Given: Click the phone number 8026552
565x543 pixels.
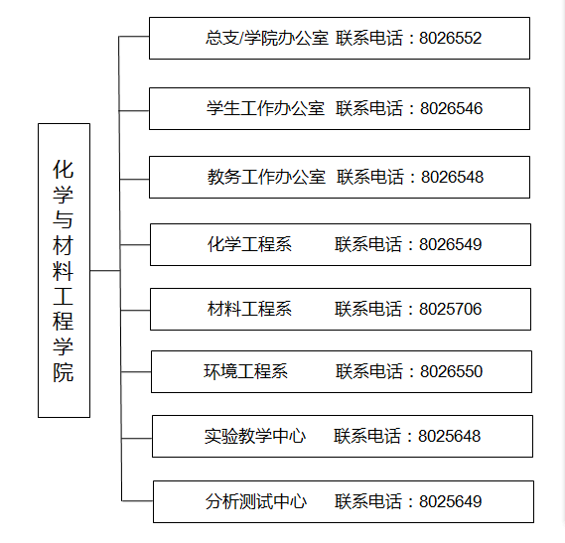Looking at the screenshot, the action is pos(450,38).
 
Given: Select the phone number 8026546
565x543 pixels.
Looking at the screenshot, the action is pos(451,109).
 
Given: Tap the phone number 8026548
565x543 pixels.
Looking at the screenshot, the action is pos(452,178).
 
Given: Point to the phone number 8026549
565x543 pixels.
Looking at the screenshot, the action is pos(450,244).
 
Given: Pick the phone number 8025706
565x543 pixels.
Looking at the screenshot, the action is pos(450,309).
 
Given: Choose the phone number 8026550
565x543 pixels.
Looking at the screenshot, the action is pos(451,372).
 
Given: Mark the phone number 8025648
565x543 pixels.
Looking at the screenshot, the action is pos(449,437).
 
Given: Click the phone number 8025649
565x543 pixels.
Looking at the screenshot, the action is pos(450,501).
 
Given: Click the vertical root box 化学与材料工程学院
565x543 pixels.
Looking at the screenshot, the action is pos(65,271).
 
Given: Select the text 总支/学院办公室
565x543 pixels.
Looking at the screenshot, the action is pos(267,38).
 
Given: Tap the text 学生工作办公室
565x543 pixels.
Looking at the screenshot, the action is pos(265,108).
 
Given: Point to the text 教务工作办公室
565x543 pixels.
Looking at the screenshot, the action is pos(266,177).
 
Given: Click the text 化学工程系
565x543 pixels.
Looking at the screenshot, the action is pos(249,244).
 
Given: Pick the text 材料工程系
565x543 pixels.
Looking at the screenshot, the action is pos(249,309).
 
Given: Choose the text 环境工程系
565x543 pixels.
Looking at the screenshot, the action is pos(245,371).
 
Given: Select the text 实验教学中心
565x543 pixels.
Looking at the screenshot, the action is pos(255,437).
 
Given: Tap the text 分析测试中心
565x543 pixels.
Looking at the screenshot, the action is pos(256,501).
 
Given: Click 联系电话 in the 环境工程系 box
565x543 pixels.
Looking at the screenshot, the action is pos(369,371).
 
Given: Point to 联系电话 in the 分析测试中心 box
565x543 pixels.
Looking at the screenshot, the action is pos(368,501).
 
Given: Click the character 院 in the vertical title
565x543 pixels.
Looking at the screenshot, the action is pos(64,372).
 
